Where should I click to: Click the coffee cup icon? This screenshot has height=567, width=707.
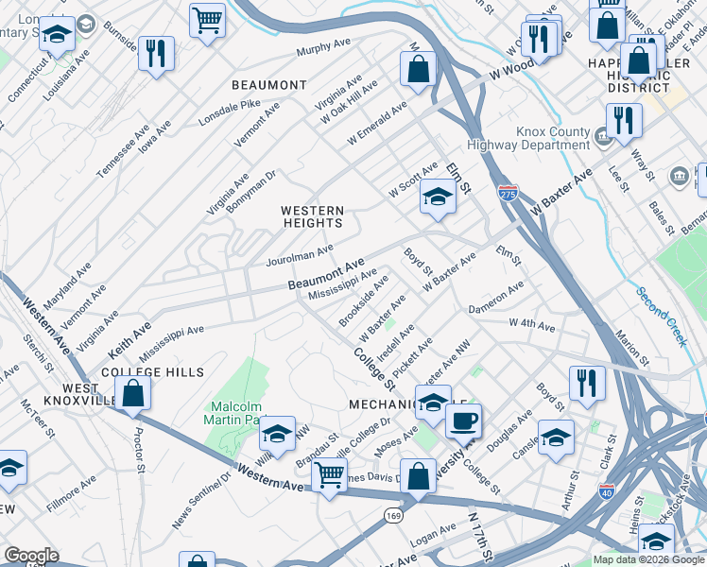click(x=463, y=420)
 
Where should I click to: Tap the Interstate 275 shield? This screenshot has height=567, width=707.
click(x=508, y=193)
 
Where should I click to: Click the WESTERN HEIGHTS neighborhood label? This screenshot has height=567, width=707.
click(x=313, y=216)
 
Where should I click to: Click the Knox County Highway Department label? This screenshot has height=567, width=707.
click(x=526, y=139)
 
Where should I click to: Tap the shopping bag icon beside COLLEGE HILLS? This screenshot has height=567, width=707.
click(x=134, y=393)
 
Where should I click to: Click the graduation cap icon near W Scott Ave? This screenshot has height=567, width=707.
click(x=438, y=197)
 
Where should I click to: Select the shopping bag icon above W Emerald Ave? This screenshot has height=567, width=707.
click(x=417, y=68)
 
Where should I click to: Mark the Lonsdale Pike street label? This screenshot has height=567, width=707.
click(x=229, y=112)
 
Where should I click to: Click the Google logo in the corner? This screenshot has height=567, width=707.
click(x=31, y=556)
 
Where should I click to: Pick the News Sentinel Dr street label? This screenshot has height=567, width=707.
click(x=200, y=500)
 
